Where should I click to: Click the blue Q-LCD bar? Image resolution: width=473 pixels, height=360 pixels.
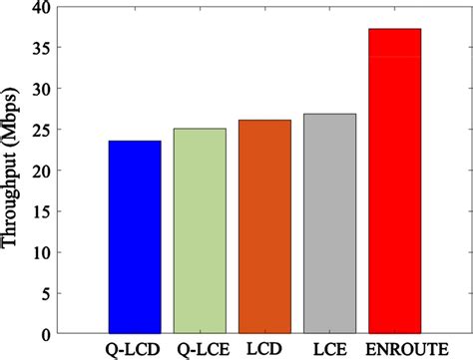tap(134, 236)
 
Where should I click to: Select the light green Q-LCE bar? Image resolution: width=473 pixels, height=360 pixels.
tap(199, 230)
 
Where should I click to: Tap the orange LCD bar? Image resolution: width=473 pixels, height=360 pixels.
tap(264, 226)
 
